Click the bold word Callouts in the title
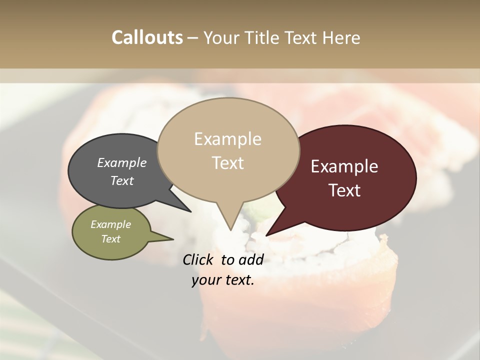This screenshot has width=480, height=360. pyautogui.click(x=147, y=37)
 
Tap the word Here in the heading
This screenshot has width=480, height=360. pyautogui.click(x=341, y=37)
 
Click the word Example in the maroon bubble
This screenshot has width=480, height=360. pyautogui.click(x=344, y=166)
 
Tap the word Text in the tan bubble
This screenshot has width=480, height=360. pyautogui.click(x=228, y=163)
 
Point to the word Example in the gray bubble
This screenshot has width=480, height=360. pyautogui.click(x=122, y=162)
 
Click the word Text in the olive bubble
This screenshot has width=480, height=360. pyautogui.click(x=111, y=239)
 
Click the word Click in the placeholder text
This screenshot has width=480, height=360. pyautogui.click(x=199, y=259)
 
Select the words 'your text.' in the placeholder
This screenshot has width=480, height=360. pyautogui.click(x=223, y=280)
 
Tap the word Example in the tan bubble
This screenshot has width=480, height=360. pyautogui.click(x=228, y=139)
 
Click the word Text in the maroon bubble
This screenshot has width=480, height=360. pyautogui.click(x=344, y=190)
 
